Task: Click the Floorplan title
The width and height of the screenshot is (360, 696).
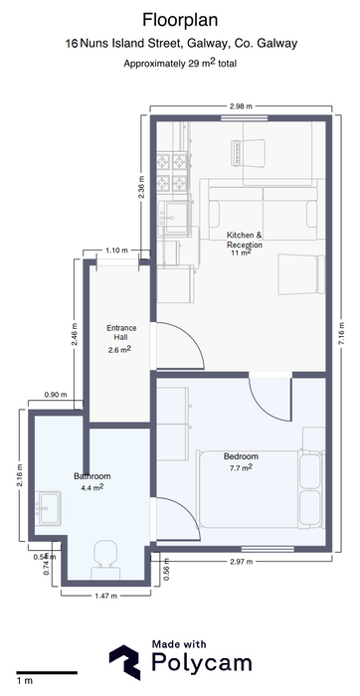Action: (x=180, y=20)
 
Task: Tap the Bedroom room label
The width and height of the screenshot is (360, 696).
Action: (x=241, y=456)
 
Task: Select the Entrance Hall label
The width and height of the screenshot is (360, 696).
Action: (x=121, y=332)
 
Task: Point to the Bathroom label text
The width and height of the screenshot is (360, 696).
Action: (x=91, y=476)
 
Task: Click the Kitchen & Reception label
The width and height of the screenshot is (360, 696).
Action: (x=245, y=240)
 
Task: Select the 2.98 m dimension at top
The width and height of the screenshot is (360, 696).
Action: (x=241, y=106)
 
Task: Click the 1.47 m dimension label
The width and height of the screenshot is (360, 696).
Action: (x=105, y=597)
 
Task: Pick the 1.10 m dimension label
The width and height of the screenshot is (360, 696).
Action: (x=116, y=251)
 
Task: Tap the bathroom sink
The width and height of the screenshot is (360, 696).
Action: (x=50, y=508)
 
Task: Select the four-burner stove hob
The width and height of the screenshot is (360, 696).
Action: (x=172, y=171)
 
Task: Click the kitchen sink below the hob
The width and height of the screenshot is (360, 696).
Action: (x=176, y=216)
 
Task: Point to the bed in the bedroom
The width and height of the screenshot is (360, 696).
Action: (x=260, y=489)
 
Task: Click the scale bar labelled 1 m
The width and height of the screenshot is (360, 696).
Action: (x=47, y=672)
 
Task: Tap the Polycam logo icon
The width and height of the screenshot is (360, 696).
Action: (x=125, y=662)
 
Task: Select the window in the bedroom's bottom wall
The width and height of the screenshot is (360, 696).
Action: (x=268, y=549)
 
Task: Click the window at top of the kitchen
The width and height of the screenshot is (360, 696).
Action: (x=244, y=118)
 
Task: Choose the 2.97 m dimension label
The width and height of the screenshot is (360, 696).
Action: (x=241, y=562)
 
